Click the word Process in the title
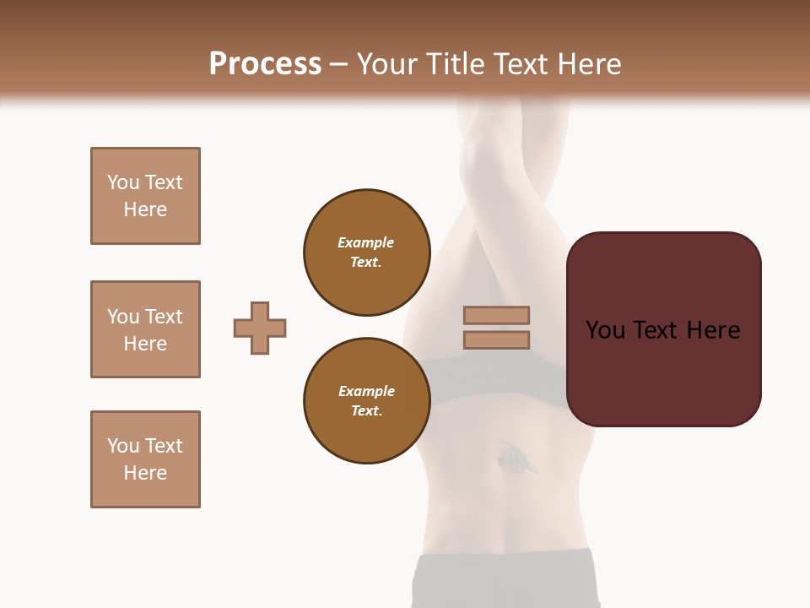265,63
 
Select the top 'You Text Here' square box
145,196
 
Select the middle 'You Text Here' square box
145,329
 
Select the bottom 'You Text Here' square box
145,459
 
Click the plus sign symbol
260,328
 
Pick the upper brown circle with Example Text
366,252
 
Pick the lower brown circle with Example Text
366,401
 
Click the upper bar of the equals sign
496,315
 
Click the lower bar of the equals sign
496,340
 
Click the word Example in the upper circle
366,242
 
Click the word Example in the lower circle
366,391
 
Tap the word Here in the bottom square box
145,473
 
